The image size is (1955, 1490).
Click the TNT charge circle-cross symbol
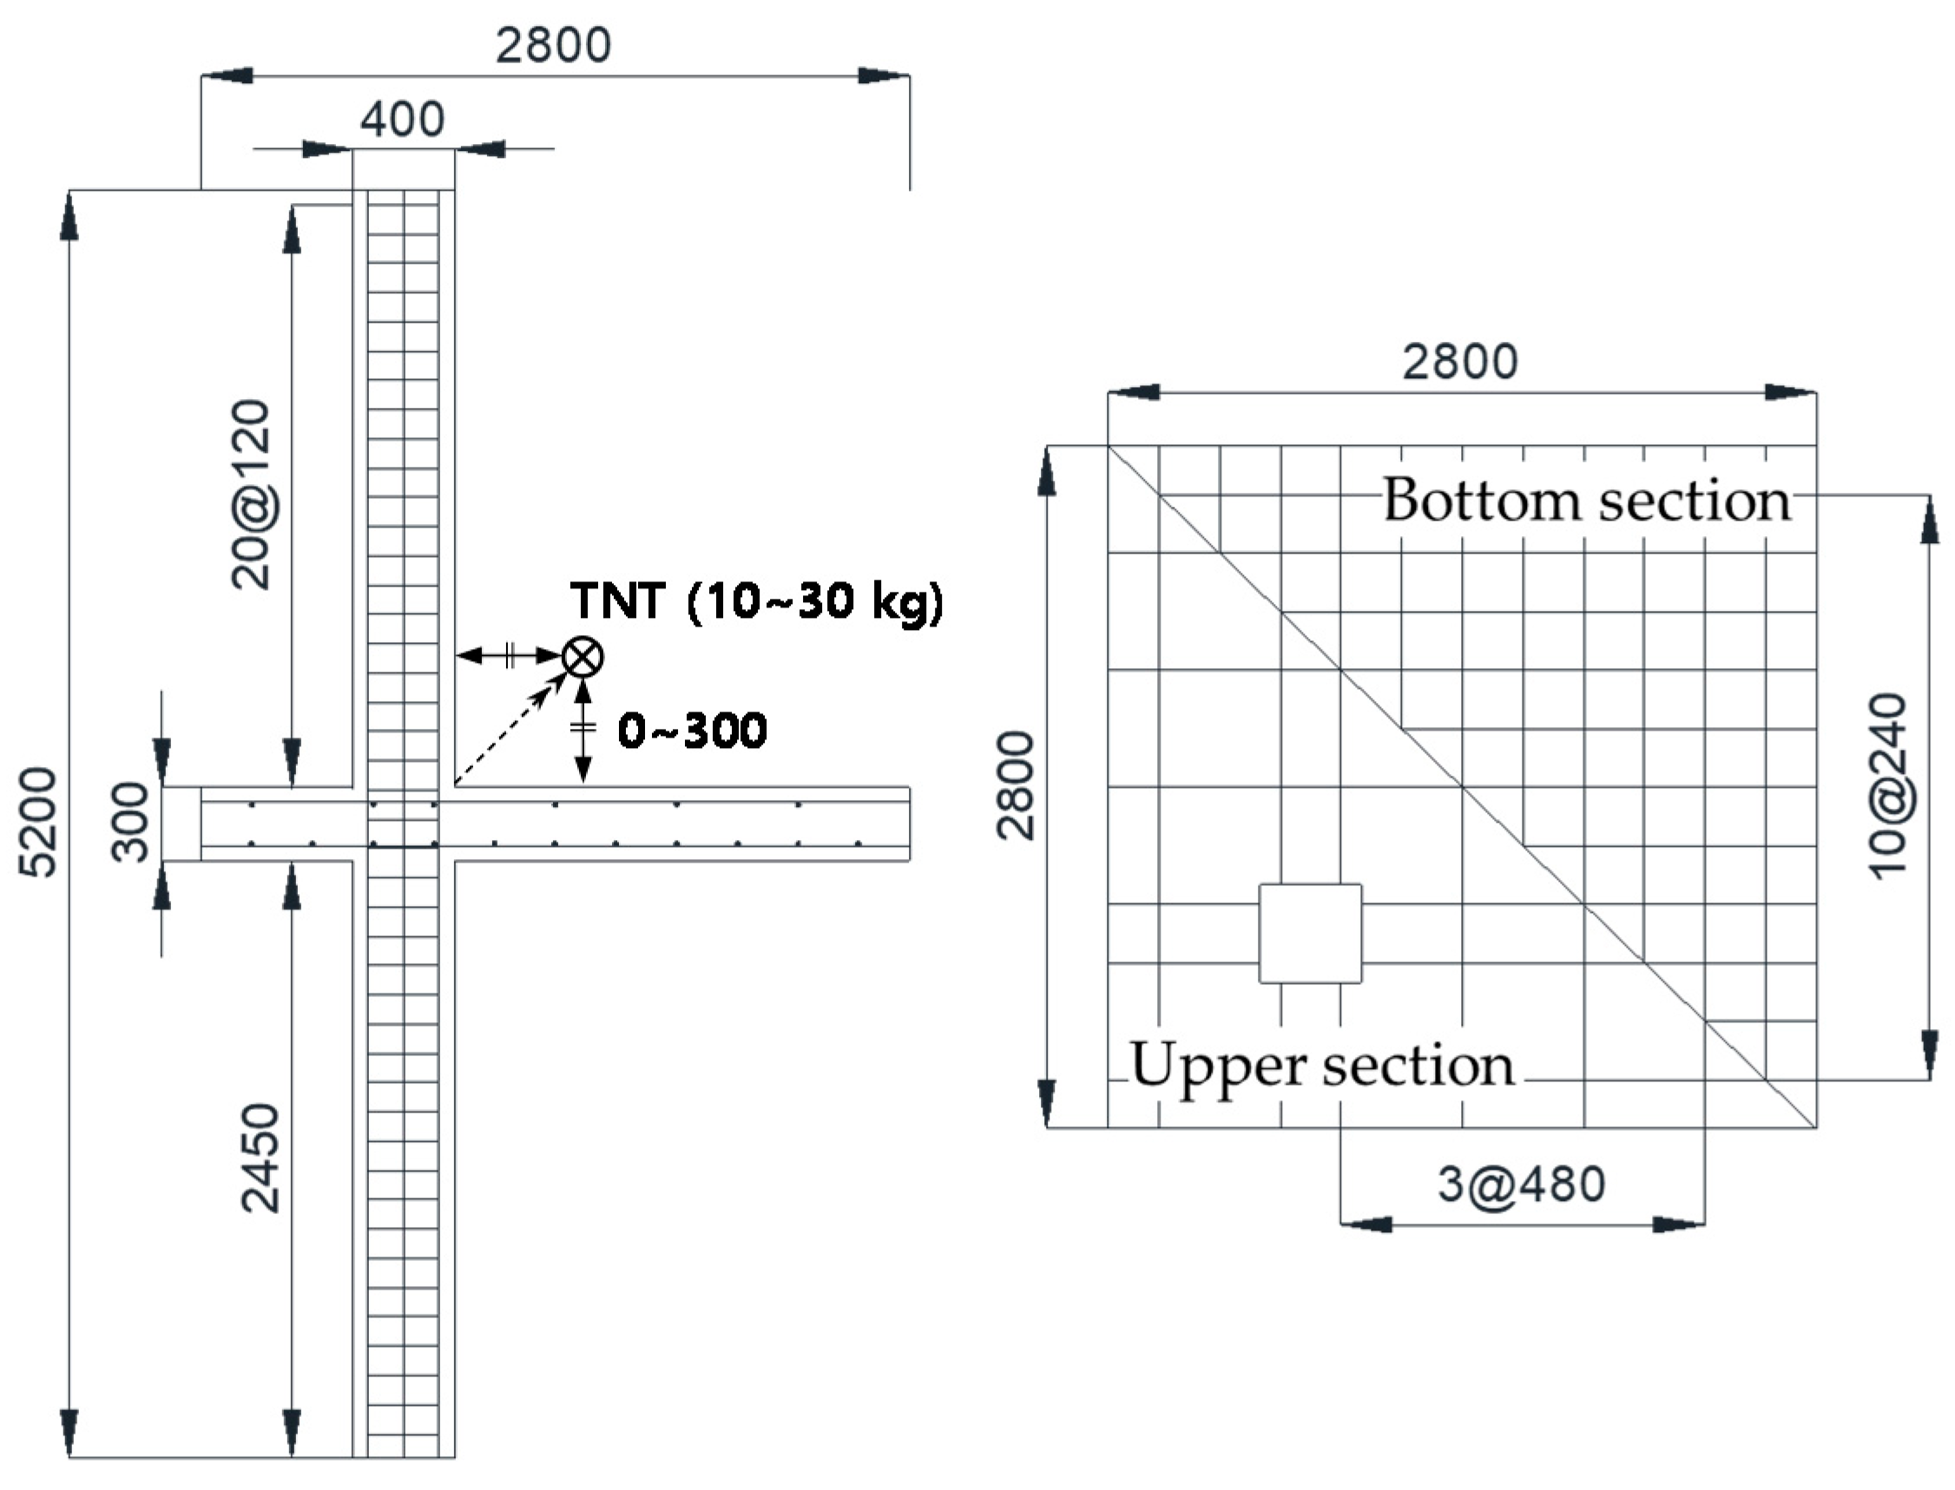pos(583,657)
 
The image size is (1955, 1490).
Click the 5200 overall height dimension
pos(39,822)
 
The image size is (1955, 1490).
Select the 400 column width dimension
pos(402,119)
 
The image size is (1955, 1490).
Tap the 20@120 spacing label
pos(251,494)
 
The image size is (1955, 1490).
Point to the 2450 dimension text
pos(260,1158)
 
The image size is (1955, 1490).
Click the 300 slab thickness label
pos(130,821)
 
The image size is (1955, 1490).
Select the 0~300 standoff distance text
pos(692,732)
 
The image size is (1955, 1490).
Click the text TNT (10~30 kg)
pos(757,601)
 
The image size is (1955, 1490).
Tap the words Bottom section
pos(1586,501)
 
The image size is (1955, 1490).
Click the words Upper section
pos(1321,1065)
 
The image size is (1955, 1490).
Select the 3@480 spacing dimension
pos(1521,1184)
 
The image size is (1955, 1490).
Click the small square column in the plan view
pos(1310,933)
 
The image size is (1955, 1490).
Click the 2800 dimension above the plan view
pos(1460,362)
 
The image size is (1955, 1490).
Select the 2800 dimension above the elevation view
pos(553,45)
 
